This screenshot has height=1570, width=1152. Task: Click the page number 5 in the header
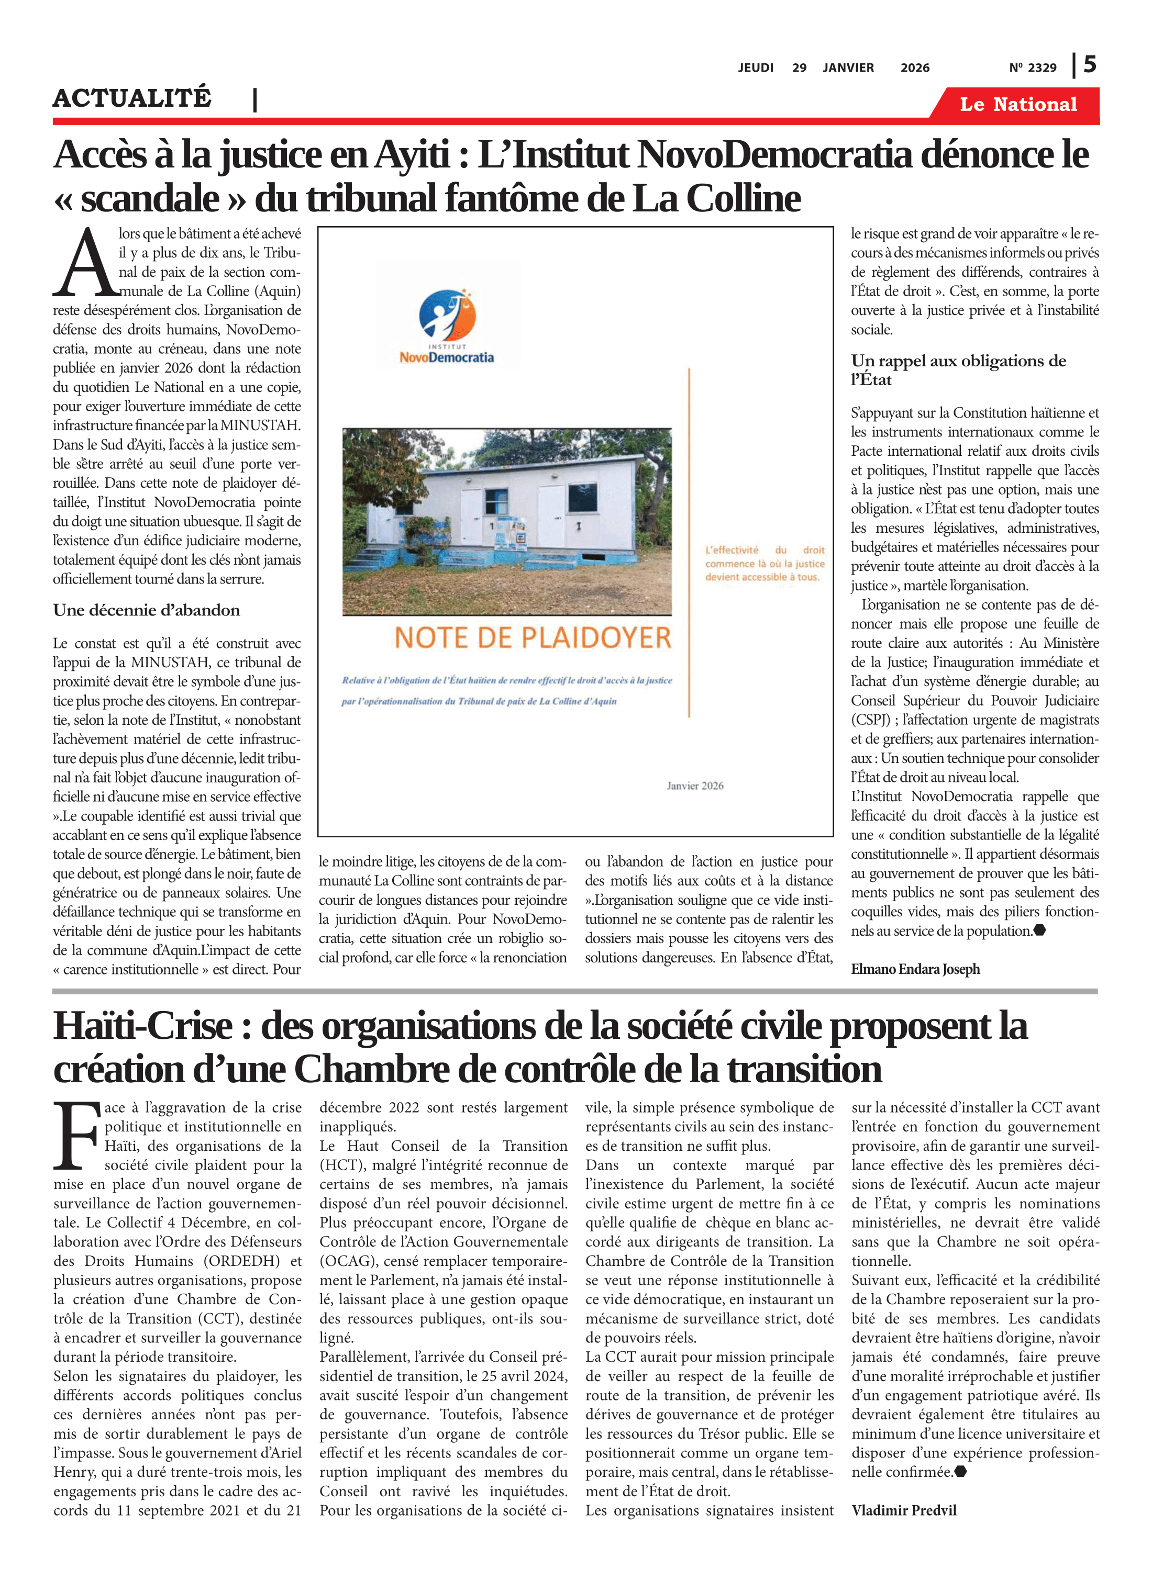(1089, 65)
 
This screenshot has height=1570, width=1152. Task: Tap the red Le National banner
(1017, 105)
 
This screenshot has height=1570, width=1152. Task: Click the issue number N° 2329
(1032, 68)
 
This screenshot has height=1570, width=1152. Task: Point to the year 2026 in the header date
(914, 68)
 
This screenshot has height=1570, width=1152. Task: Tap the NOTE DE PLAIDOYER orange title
(532, 637)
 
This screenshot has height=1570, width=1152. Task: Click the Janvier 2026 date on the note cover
(694, 786)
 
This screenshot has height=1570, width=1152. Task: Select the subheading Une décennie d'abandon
(147, 610)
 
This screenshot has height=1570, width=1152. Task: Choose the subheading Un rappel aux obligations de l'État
(958, 370)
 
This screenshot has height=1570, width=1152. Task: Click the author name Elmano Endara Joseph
(915, 969)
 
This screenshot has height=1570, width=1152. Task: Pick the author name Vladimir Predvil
(904, 1510)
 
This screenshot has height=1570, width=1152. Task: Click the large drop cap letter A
(84, 263)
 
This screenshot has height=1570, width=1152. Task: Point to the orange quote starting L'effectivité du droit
(765, 563)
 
